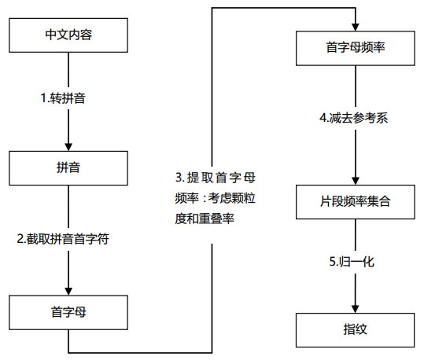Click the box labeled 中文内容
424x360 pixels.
point(68,35)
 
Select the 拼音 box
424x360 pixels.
point(68,167)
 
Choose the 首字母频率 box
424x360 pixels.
point(355,46)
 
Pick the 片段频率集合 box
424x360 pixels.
point(355,202)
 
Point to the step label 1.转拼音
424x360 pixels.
point(68,98)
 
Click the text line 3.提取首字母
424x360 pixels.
point(215,176)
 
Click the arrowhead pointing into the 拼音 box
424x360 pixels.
point(68,146)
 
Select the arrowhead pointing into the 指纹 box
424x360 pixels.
point(356,307)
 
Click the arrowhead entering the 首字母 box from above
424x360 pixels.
point(68,289)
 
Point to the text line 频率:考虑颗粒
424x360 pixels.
point(215,197)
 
